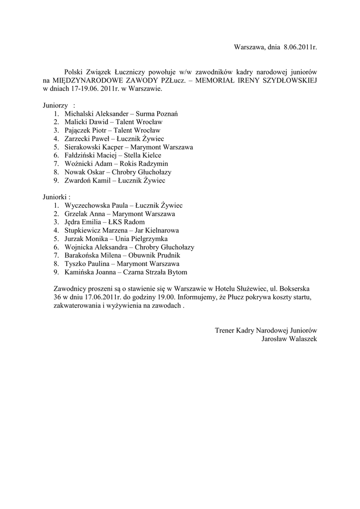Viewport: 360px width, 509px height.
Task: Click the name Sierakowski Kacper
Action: pyautogui.click(x=94, y=147)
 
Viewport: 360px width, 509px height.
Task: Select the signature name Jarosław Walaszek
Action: pyautogui.click(x=289, y=339)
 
